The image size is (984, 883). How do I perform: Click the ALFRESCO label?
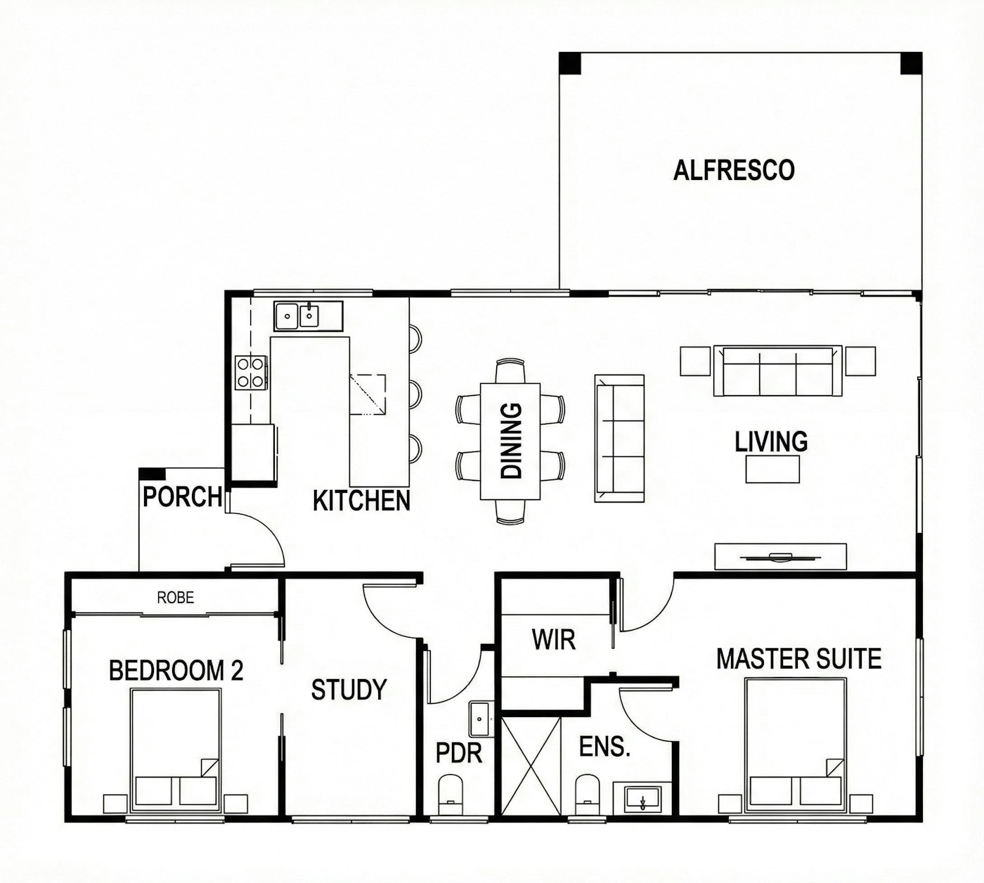pos(734,171)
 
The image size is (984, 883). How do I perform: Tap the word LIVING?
pos(771,441)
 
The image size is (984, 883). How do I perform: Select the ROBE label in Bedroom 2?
pos(175,598)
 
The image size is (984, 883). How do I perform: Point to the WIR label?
pos(554,640)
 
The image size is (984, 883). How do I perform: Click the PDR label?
pos(458,753)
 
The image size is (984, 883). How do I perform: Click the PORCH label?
pos(183,496)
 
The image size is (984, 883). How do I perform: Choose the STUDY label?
pos(349,690)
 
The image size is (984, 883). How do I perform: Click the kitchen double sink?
pos(309,316)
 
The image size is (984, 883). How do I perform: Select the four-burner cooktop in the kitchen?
pos(251,373)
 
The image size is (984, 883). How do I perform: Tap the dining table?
pos(510,441)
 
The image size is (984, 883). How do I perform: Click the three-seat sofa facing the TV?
pos(777,371)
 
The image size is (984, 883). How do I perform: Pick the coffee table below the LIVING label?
pos(772,469)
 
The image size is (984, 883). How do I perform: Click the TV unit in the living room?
pos(780,556)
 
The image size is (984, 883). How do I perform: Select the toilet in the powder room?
pos(451,795)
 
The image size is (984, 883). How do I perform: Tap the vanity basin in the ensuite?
pos(642,799)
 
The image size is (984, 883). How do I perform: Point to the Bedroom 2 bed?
pos(175,752)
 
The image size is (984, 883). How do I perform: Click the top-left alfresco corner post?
pos(570,63)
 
